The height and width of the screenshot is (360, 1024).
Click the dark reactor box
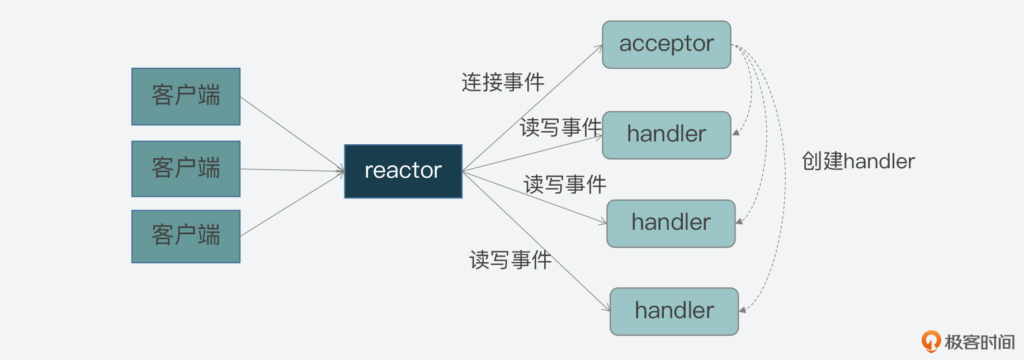point(403,171)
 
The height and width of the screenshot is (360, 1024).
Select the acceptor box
point(666,45)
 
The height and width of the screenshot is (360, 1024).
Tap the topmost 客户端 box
point(186,96)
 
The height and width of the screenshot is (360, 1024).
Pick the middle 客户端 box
point(186,168)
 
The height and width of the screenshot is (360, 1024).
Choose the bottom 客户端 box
point(186,236)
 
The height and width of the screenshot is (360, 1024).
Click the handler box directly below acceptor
point(666,135)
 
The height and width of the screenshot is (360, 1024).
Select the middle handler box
point(671,223)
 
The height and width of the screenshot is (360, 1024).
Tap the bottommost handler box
point(674,311)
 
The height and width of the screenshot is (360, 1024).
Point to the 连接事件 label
point(502,83)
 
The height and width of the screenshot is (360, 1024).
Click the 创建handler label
point(858,162)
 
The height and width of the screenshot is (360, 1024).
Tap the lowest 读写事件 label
point(509,260)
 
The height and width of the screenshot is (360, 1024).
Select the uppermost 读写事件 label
point(560,128)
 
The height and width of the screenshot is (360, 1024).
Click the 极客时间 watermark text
point(979,342)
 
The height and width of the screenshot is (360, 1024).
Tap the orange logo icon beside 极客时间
point(931,341)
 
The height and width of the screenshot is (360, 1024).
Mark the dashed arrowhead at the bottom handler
point(743,310)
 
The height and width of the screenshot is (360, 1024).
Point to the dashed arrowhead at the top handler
point(736,132)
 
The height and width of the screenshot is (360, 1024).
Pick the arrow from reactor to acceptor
point(531,108)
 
